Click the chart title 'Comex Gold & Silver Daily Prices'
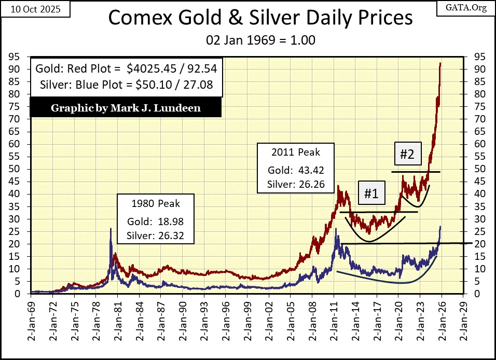[x=260, y=18]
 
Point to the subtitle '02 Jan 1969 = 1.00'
[x=260, y=39]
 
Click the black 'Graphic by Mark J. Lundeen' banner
[x=126, y=108]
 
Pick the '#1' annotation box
[x=370, y=193]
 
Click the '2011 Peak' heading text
[x=295, y=153]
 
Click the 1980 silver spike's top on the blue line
[x=111, y=229]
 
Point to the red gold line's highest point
[x=440, y=63]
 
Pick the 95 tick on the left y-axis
[x=21, y=57]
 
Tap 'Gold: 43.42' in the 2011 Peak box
[x=295, y=170]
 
